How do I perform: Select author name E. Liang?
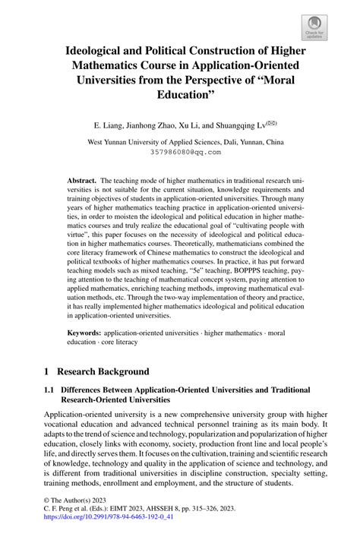pyautogui.click(x=109, y=123)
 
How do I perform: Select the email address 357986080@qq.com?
pyautogui.click(x=180, y=151)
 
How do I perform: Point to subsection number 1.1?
pyautogui.click(x=51, y=390)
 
